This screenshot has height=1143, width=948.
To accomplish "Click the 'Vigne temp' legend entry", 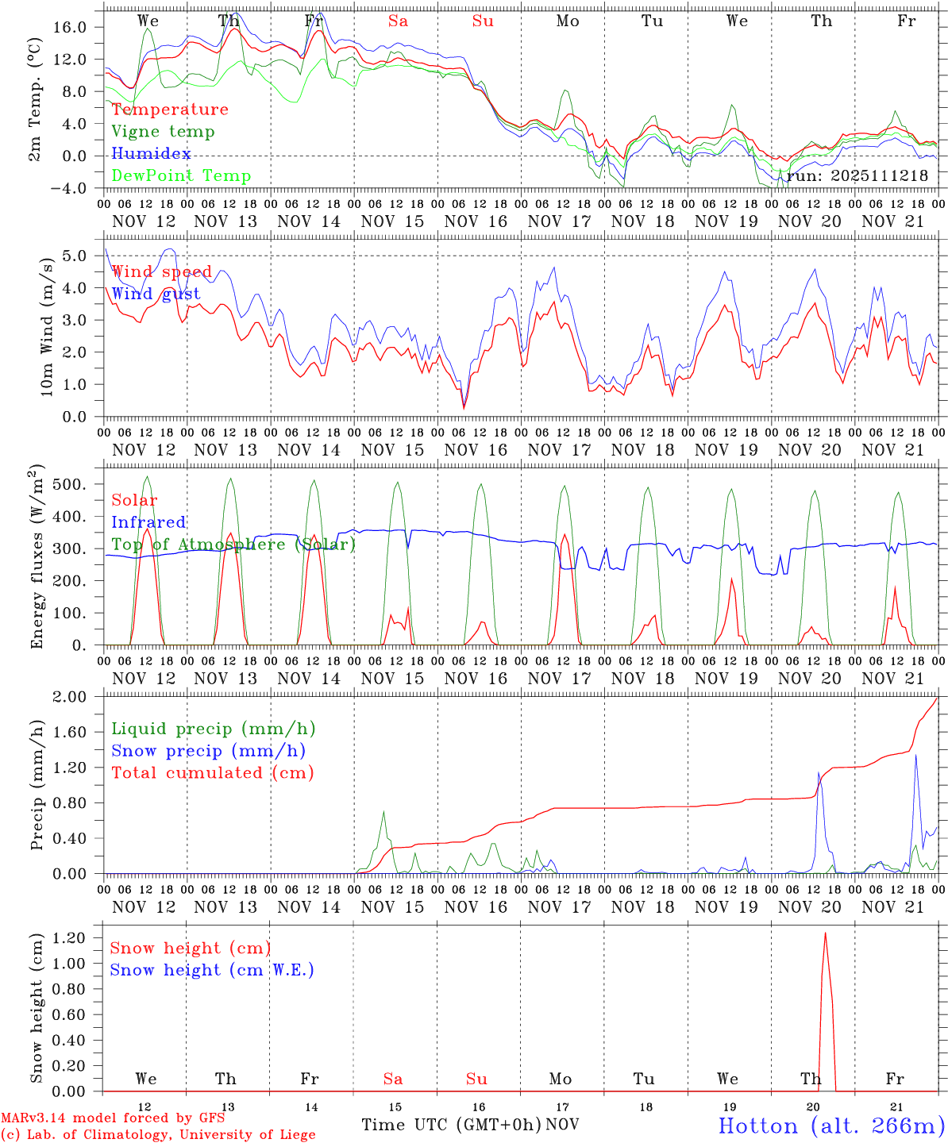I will (163, 132).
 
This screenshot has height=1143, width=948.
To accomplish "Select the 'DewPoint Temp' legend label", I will (181, 176).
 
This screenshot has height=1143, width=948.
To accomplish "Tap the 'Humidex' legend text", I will (151, 154).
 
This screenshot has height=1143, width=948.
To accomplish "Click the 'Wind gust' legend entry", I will (156, 294).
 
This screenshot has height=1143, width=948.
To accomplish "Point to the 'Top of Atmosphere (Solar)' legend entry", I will (233, 545).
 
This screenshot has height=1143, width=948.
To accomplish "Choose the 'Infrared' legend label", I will (148, 522).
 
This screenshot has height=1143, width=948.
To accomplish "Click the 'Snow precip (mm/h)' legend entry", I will (208, 751).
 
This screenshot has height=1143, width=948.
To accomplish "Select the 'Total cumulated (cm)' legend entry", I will (212, 773).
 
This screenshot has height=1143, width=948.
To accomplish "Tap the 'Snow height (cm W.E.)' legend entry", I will (211, 970).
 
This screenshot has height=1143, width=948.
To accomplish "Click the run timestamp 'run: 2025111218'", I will (857, 176).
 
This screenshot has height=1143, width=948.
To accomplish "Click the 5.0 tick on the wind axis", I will (83, 256).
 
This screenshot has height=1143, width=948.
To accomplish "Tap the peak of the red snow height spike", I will (825, 933).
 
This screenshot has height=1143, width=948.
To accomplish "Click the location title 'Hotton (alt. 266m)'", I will (830, 1126).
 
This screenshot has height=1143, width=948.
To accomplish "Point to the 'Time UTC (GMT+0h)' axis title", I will (451, 1125).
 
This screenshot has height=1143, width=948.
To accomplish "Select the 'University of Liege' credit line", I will (158, 1135).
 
